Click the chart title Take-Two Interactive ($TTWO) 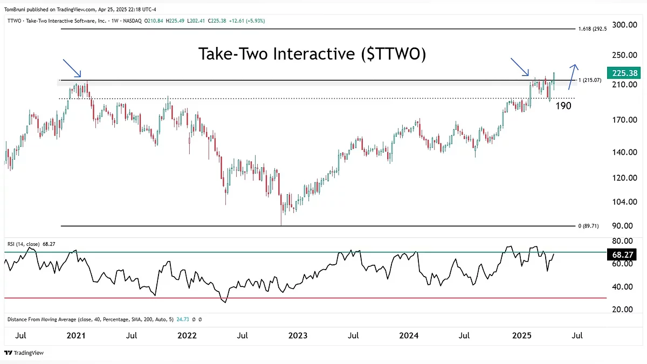pyautogui.click(x=312, y=54)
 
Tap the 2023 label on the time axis pyautogui.click(x=298, y=335)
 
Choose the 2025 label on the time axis pyautogui.click(x=521, y=335)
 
